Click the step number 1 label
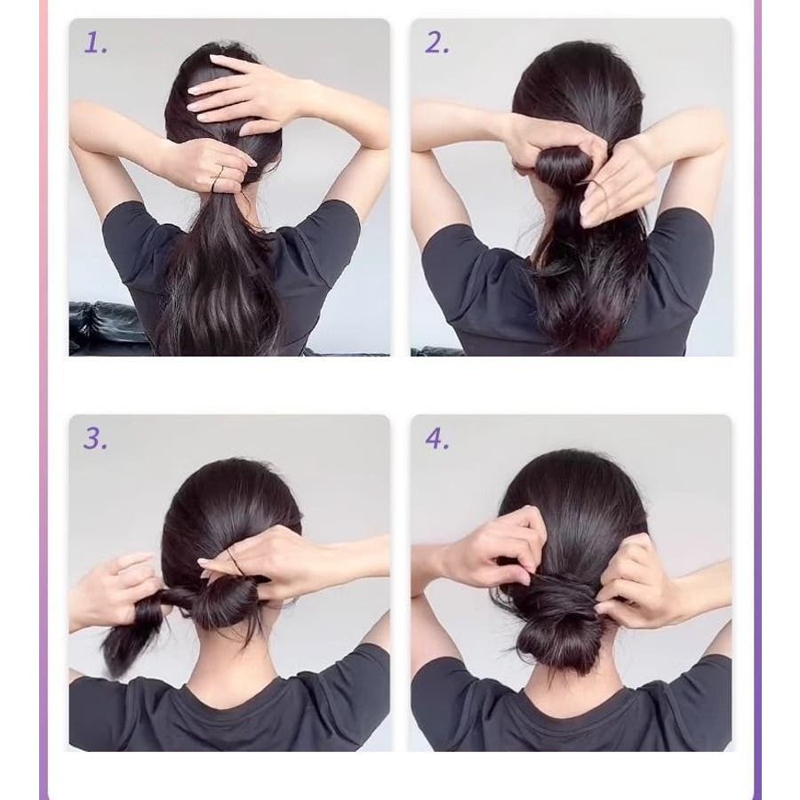(95, 43)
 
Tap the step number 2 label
(437, 43)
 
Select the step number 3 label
(95, 439)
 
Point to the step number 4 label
(437, 439)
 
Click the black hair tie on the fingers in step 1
(219, 180)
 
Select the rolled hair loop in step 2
(563, 164)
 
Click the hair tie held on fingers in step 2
(601, 190)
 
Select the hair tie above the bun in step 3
(236, 563)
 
